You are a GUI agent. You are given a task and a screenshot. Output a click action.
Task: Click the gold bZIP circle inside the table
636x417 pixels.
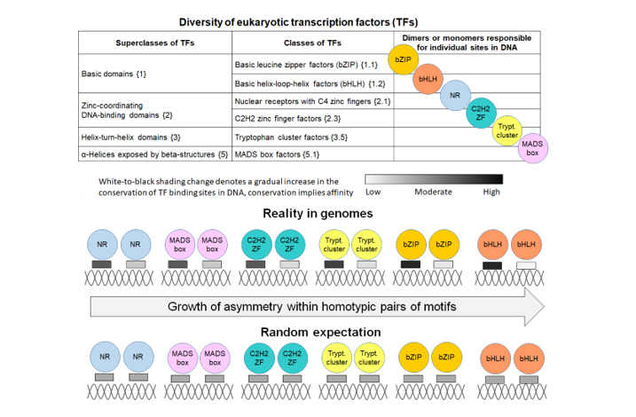point(404,60)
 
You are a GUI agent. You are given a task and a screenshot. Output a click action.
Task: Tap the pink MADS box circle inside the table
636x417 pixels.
point(533,147)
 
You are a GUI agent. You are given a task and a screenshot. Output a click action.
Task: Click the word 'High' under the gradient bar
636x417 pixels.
point(491,191)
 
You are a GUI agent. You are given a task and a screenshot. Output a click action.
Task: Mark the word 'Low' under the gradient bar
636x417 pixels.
point(373,191)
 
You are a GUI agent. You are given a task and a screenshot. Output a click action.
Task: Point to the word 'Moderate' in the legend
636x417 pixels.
point(434,191)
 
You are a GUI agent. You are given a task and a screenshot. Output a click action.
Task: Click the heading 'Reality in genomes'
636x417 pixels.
point(317,214)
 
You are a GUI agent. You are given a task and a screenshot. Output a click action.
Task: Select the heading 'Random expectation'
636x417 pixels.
point(317,332)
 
